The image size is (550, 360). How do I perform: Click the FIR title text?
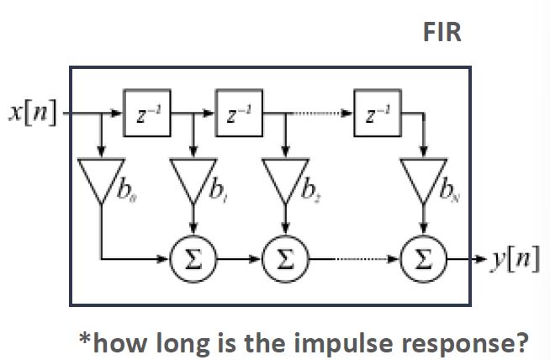pos(442,33)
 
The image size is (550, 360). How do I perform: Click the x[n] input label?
pos(32,111)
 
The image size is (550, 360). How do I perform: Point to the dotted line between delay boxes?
pos(317,111)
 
